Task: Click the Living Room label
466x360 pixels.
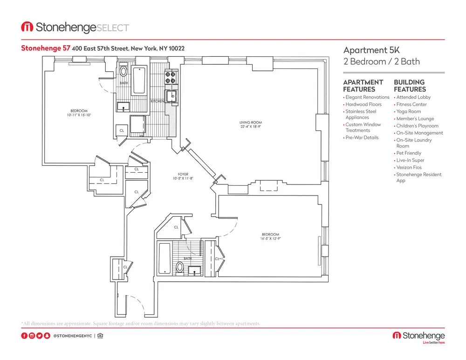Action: coord(250,123)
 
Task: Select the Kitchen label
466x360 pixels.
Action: coord(158,101)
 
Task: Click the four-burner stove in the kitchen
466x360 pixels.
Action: coord(171,77)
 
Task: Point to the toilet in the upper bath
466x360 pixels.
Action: coord(123,72)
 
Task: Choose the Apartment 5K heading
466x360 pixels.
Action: coord(366,50)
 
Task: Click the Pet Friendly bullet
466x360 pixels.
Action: coord(408,153)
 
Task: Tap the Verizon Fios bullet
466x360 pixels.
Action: coord(409,167)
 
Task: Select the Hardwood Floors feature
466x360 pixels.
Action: coord(363,104)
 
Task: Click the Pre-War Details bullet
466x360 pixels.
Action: coord(362,137)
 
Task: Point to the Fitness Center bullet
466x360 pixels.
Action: coord(411,104)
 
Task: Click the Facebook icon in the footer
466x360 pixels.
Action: coord(24,335)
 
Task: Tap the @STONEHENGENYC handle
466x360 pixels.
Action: coord(73,335)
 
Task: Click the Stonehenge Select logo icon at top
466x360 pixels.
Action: coord(27,27)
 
